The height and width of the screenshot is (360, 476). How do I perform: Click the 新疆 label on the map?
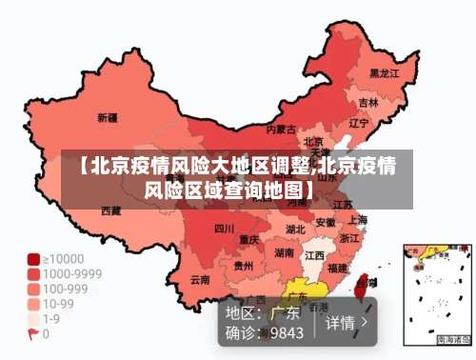click(108, 118)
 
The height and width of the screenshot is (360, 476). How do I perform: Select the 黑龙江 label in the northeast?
click(385, 72)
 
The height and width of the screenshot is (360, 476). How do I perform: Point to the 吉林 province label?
click(368, 102)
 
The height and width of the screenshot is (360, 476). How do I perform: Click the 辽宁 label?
click(359, 123)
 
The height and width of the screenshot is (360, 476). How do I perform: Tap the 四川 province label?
click(224, 229)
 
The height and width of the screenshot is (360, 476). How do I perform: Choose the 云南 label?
click(200, 280)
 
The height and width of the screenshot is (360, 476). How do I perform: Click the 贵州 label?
click(244, 267)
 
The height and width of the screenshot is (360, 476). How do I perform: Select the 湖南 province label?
click(284, 253)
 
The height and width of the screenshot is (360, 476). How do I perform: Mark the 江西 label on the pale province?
click(314, 256)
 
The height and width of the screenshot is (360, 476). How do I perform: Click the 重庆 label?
click(249, 239)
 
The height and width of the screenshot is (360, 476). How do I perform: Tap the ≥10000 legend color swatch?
click(33, 259)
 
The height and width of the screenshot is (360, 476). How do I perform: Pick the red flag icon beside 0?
click(33, 334)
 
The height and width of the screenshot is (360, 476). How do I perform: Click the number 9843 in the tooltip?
click(287, 333)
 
